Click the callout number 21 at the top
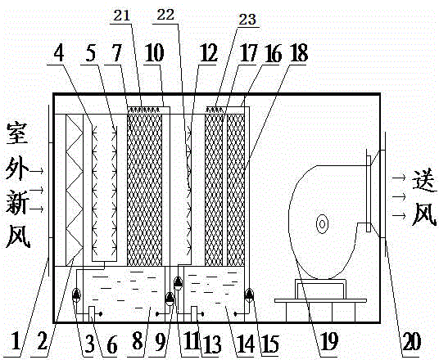[x=122, y=16]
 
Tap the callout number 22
[x=165, y=15]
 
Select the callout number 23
[x=247, y=20]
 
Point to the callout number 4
[x=59, y=54]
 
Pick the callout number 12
[x=208, y=53]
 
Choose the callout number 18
[x=299, y=53]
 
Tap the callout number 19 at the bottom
[x=329, y=340]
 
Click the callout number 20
[x=411, y=340]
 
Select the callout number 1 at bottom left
[x=16, y=341]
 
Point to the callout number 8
[x=138, y=341]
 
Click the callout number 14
[x=247, y=342]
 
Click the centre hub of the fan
[x=322, y=224]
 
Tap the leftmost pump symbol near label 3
[x=76, y=295]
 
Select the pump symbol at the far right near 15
[x=249, y=295]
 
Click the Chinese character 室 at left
[x=17, y=133]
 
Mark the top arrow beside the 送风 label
[x=399, y=178]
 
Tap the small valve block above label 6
[x=92, y=314]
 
